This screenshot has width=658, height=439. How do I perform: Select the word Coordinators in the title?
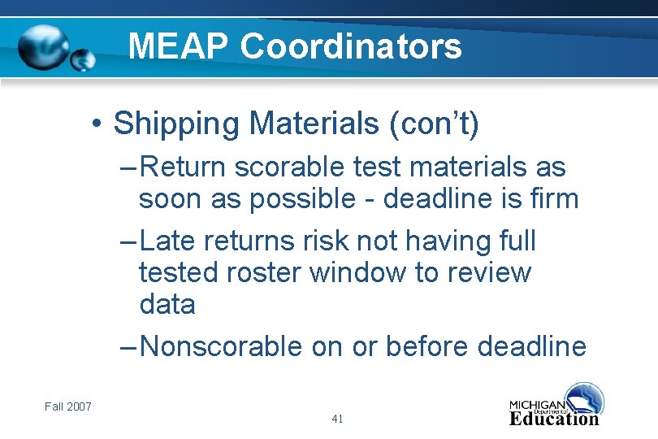coord(351,46)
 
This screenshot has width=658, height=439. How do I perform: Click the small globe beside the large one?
coord(83,59)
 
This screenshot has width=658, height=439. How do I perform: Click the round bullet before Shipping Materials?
coord(96,125)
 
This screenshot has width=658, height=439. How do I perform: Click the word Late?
coord(168,241)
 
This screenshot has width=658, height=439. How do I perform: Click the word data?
coord(167,305)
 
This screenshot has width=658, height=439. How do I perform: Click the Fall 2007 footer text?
coord(68,406)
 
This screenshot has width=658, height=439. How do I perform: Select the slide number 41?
coord(337,419)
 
